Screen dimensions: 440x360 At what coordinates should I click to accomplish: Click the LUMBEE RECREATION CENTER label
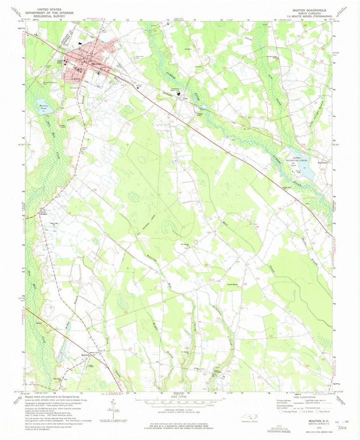coord(303,158)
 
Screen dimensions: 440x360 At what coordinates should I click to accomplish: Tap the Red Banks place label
coord(323,162)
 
